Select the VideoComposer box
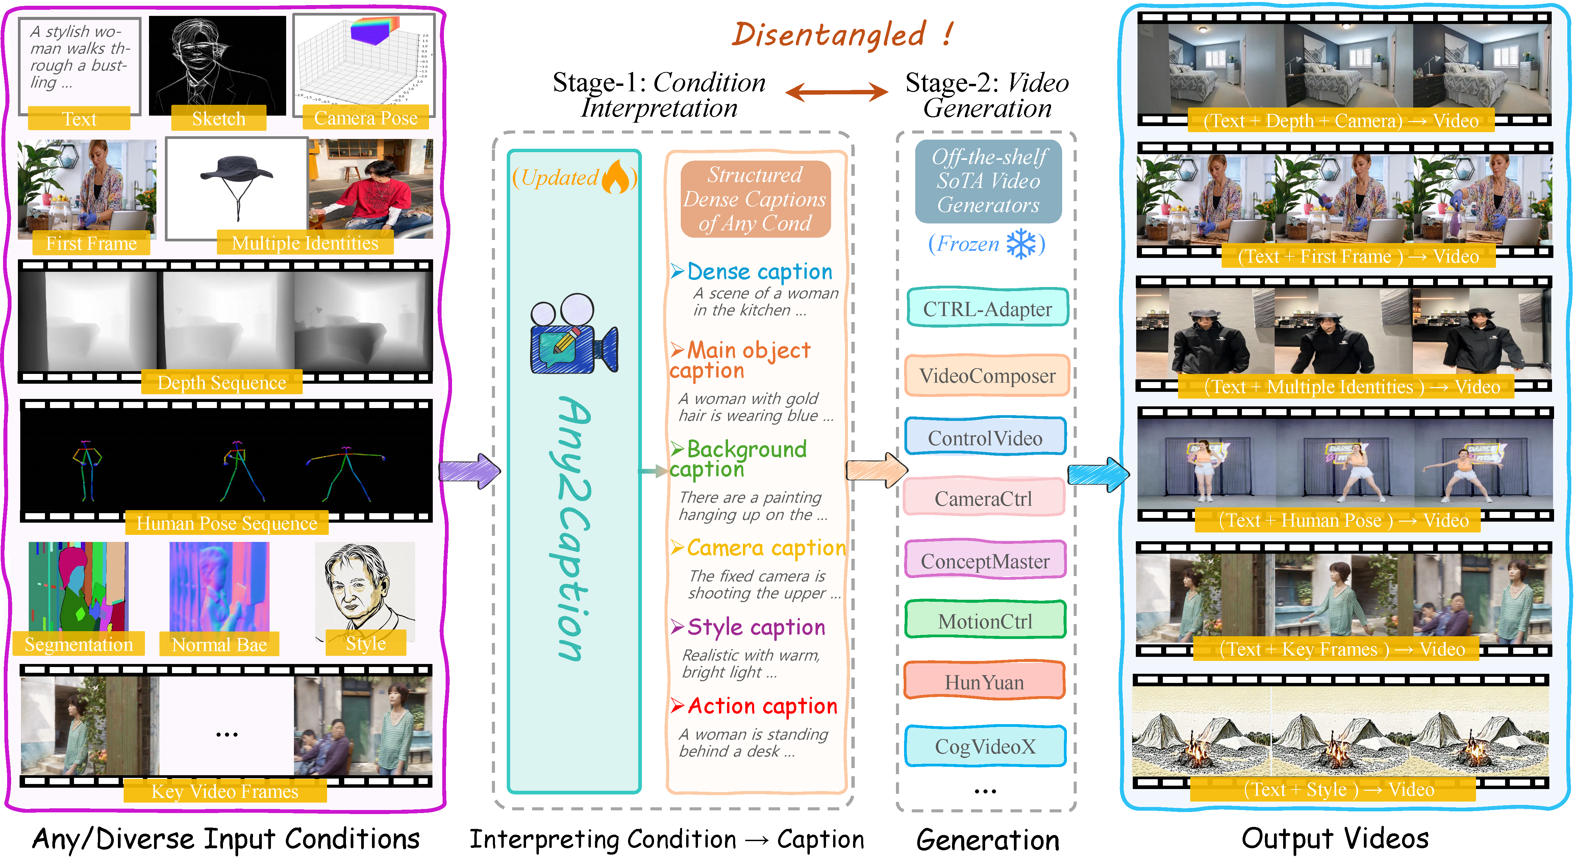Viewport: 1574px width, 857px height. (x=987, y=375)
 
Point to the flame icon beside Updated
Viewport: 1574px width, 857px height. (x=616, y=177)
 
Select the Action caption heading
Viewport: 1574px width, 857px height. (x=761, y=706)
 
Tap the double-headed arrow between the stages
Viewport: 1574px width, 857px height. (x=836, y=92)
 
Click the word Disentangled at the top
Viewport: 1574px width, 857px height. (x=828, y=34)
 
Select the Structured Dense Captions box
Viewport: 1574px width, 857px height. (x=755, y=199)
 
